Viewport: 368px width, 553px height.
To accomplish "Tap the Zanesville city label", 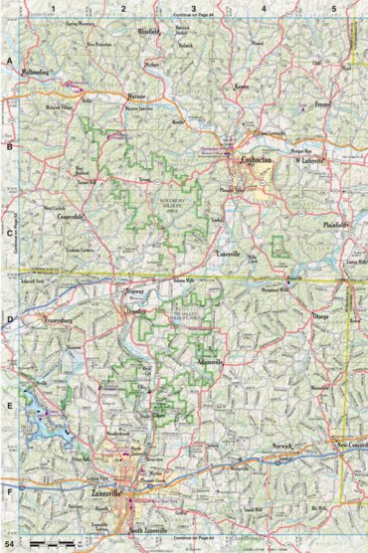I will coord(108,493).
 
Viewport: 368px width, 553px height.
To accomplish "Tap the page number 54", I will coord(11,544).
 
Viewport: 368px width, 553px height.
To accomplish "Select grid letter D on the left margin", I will coord(9,320).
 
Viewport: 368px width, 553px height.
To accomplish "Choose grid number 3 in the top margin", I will coord(194,8).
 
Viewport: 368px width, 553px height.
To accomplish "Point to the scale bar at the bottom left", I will coord(52,542).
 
